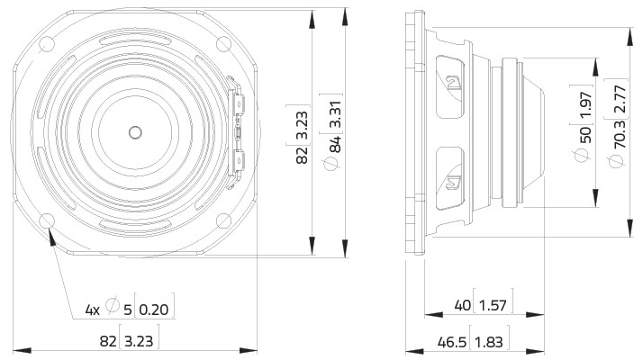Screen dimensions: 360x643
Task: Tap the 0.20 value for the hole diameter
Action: click(154, 310)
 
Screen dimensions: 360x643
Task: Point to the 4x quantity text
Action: click(93, 310)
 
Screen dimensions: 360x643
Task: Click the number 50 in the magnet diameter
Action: click(585, 135)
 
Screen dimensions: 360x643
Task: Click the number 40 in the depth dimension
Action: click(463, 306)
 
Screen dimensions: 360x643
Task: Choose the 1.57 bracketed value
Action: click(493, 306)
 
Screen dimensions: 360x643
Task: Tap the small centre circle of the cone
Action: click(134, 132)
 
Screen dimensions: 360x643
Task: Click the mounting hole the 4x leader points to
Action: click(51, 220)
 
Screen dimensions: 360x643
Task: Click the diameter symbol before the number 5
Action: click(113, 309)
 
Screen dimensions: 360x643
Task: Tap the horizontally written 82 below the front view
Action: click(108, 342)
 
